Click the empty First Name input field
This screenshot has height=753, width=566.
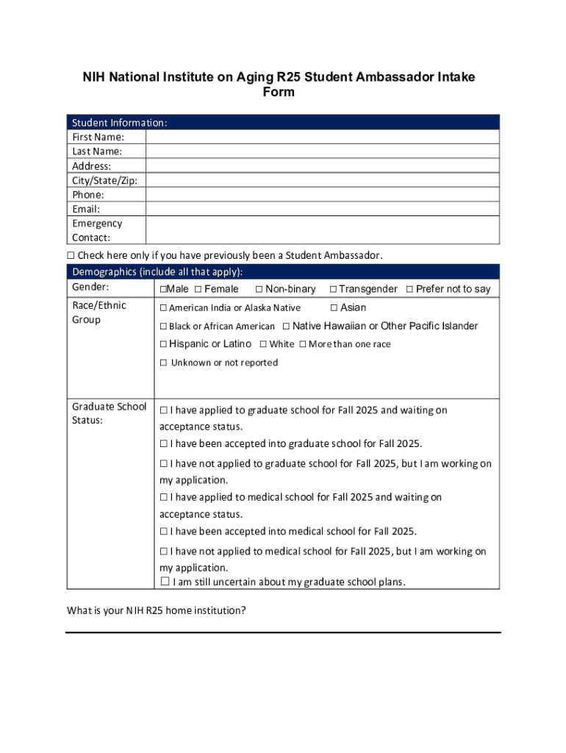coord(322,137)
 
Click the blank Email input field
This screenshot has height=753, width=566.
coord(322,209)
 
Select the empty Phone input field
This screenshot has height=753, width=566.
coord(322,195)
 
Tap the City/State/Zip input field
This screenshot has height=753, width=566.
coord(322,180)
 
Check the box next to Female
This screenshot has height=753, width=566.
coord(198,290)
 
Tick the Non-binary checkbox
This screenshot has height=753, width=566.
coord(259,290)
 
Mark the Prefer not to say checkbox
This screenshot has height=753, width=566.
coord(409,290)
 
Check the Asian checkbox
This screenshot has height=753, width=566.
coord(334,308)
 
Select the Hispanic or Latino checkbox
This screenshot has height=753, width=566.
coord(163,344)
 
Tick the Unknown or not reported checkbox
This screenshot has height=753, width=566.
coord(164,363)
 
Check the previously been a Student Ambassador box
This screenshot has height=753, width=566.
coord(71,256)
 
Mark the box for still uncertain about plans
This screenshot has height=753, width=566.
coord(165,582)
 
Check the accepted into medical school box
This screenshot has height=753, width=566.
coord(164,532)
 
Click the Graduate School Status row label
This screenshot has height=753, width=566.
coord(109,413)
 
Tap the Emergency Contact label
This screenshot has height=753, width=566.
coord(97,230)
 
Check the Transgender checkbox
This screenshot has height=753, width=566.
coord(333,290)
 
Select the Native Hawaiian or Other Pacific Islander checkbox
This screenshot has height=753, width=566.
coord(286,326)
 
